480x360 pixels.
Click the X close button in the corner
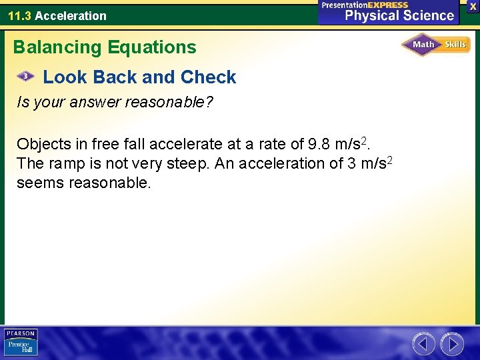[x=473, y=6]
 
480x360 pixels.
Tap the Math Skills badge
[x=436, y=45]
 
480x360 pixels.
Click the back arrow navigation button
[x=423, y=344]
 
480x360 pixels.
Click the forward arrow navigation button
[x=451, y=344]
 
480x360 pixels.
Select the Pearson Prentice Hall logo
[x=21, y=342]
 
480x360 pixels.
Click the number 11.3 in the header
[x=19, y=15]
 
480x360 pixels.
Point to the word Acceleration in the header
[x=71, y=15]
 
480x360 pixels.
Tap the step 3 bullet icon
[x=25, y=77]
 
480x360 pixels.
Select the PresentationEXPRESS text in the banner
[x=365, y=5]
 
